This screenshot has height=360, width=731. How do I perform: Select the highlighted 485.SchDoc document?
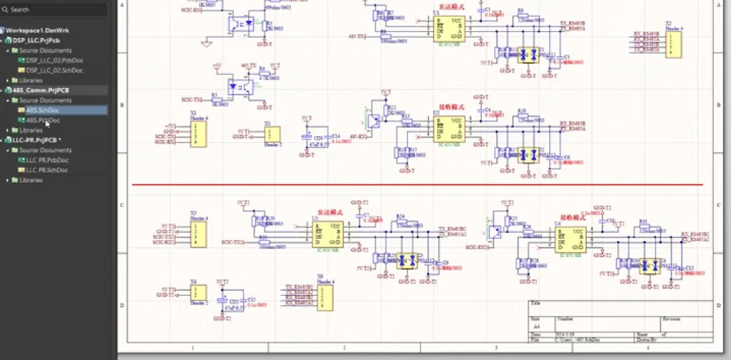tap(42, 110)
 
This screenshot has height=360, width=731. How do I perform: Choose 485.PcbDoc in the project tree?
tap(43, 120)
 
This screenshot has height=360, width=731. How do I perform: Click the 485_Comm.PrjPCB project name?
tap(41, 90)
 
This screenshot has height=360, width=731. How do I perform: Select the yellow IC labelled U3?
tap(326, 234)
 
